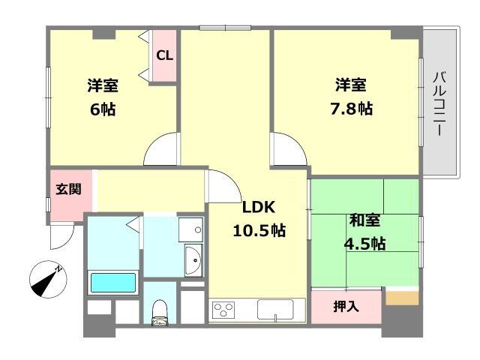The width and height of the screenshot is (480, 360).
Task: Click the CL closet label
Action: pos(165,55)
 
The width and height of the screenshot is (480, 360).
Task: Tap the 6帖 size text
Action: pos(103,109)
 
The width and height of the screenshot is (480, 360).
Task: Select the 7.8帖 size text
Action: pos(352,108)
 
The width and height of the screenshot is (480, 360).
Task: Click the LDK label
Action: pos(259,207)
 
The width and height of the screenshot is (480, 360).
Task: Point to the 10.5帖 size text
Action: pos(259,230)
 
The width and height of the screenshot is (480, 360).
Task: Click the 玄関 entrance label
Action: pos(68,189)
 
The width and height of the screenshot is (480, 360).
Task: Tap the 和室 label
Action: pos(365,220)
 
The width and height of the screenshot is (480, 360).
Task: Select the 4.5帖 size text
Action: pos(365,244)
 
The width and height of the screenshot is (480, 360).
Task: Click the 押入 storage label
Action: pos(346,306)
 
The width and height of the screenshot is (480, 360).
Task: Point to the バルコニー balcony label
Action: pos(439,103)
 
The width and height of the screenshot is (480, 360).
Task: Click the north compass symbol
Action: pos(48,279)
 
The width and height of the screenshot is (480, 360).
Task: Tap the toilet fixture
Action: pos(160,312)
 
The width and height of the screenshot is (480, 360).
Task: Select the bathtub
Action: pos(113,283)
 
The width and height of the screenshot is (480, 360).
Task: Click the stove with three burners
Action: pos(224,310)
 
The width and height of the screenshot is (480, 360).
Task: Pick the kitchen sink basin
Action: pos(275,310)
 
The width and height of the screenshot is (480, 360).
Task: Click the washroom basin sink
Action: pos(193,260)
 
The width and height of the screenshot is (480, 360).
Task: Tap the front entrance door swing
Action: pos(61,237)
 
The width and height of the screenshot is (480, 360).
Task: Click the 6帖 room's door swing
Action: pos(161,148)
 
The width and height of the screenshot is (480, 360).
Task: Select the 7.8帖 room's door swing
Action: pos(289,148)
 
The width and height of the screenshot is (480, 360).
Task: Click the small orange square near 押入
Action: pos(402,298)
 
